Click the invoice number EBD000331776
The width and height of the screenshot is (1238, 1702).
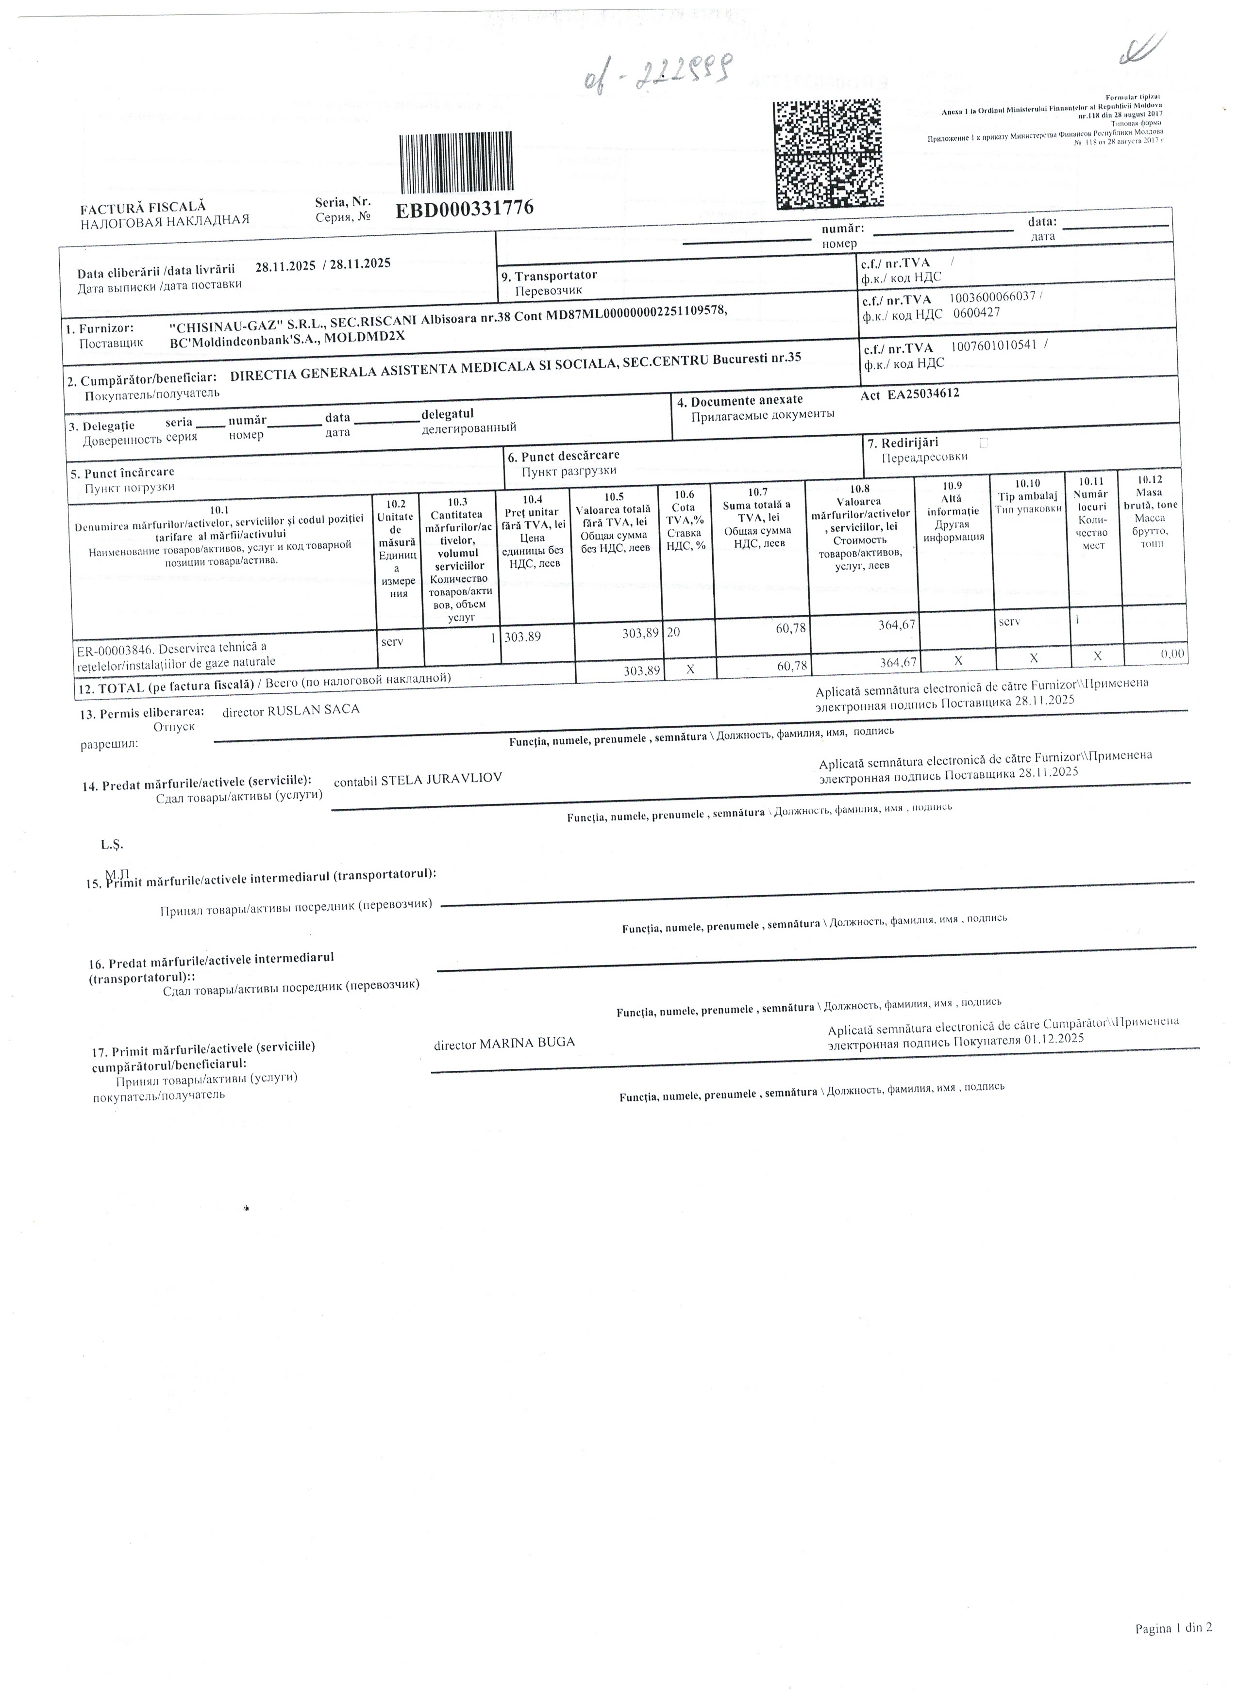tap(464, 209)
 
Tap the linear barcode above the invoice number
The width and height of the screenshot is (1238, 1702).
tap(456, 164)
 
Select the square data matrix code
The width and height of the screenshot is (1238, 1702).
tap(828, 154)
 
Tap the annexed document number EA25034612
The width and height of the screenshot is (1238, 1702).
tap(923, 393)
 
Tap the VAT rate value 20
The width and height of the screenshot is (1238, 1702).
tap(673, 632)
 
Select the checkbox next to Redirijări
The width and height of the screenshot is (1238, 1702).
tap(984, 443)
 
